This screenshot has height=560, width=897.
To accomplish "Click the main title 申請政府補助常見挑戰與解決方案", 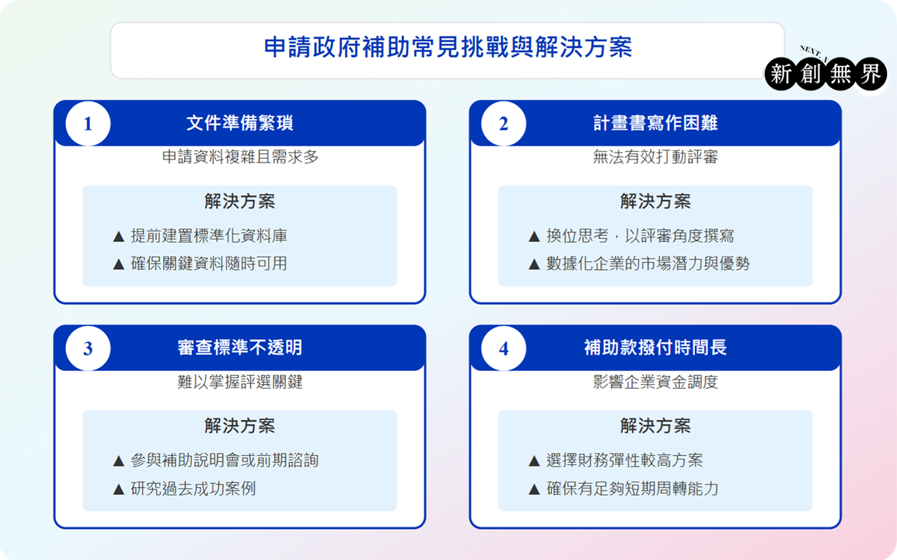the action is [x=448, y=47].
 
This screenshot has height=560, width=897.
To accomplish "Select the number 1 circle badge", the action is [x=88, y=124].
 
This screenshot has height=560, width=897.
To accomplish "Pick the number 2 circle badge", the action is [x=504, y=124].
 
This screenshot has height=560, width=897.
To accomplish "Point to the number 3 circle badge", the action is [x=88, y=348].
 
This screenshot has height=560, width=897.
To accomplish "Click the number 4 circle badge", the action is [x=504, y=348].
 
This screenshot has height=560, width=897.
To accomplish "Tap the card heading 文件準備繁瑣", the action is [x=239, y=123].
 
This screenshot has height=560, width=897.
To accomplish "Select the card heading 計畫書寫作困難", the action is [x=655, y=123].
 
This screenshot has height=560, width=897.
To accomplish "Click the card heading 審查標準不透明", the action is [x=239, y=348].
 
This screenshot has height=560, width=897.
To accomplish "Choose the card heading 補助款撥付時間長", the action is [x=655, y=348].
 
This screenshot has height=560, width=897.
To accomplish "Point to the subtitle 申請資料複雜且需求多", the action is [x=240, y=157].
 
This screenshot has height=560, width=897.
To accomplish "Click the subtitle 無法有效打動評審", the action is [x=655, y=157].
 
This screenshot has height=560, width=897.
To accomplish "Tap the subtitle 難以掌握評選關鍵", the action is [x=239, y=382].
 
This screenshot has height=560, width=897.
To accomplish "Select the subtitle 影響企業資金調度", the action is [x=655, y=382].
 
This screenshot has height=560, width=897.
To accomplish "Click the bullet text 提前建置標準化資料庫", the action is [x=209, y=236].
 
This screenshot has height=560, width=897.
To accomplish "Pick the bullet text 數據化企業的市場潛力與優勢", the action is [x=647, y=264].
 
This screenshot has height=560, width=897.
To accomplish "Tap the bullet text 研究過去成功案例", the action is [x=194, y=488].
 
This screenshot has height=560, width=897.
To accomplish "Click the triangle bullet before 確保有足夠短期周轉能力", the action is [x=534, y=489].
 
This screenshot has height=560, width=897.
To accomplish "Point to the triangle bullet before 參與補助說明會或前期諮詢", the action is [x=119, y=461].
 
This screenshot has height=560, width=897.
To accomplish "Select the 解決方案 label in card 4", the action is [x=655, y=425].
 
